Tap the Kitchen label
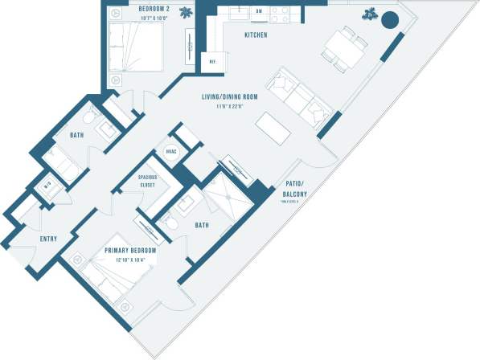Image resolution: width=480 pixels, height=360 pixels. [256, 35]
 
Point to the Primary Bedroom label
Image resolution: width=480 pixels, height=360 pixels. [129, 251]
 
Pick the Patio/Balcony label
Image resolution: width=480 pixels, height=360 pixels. [293, 189]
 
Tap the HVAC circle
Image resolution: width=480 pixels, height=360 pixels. [171, 151]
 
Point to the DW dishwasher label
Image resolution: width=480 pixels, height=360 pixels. [259, 10]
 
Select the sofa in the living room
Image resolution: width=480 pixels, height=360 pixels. [299, 97]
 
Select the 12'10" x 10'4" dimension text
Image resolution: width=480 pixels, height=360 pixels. [129, 260]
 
